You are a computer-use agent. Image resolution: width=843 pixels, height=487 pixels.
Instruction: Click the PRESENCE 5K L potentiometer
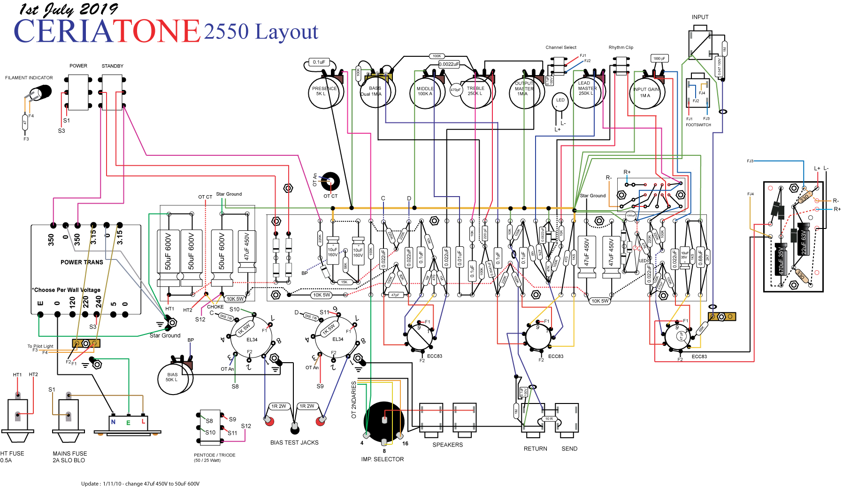click(x=323, y=92)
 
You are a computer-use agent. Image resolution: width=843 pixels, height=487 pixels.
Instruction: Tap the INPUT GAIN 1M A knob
click(x=646, y=93)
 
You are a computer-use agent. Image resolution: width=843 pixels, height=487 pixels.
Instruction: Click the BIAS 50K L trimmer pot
click(x=173, y=378)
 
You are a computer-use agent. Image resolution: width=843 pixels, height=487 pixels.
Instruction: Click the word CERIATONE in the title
click(x=107, y=31)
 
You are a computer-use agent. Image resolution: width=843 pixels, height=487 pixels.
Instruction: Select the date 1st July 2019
click(x=68, y=9)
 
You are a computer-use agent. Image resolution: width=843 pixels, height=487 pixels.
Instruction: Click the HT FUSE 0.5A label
click(x=12, y=457)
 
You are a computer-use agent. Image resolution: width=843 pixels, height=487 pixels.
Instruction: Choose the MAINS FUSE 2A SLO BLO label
click(x=69, y=457)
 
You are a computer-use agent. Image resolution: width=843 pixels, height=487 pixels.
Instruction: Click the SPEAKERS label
click(x=447, y=445)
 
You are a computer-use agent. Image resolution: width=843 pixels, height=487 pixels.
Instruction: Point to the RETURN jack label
click(x=535, y=449)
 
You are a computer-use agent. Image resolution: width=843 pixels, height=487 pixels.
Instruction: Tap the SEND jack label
click(x=569, y=449)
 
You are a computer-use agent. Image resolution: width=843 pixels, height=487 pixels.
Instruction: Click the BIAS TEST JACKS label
click(x=294, y=442)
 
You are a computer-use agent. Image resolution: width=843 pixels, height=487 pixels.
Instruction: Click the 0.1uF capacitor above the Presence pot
click(x=319, y=62)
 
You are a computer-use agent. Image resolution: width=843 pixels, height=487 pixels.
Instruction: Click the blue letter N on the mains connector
click(x=113, y=422)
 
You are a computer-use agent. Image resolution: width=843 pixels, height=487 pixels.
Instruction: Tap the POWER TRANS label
click(x=82, y=262)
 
